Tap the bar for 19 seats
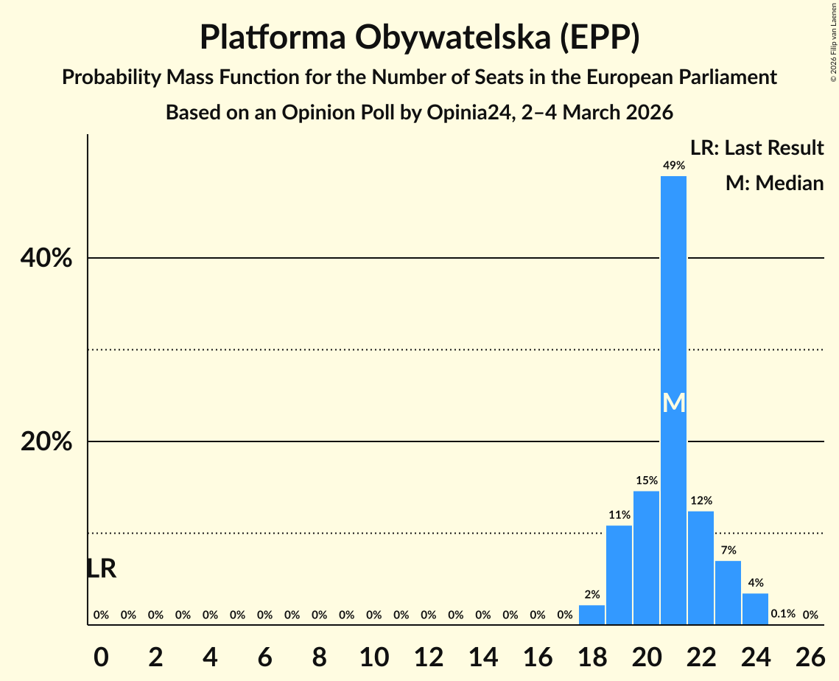[x=619, y=575]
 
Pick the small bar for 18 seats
[x=591, y=615]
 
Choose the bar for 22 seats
[x=701, y=567]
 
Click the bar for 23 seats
[x=728, y=593]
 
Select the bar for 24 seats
[x=755, y=609]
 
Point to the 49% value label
[x=673, y=166]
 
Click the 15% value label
[x=646, y=481]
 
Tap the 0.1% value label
[x=782, y=614]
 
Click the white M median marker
[x=673, y=403]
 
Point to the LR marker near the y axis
[x=101, y=569]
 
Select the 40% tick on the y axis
[x=46, y=259]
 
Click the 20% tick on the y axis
[x=46, y=442]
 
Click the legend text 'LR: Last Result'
[x=756, y=148]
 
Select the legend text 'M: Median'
[x=774, y=183]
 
